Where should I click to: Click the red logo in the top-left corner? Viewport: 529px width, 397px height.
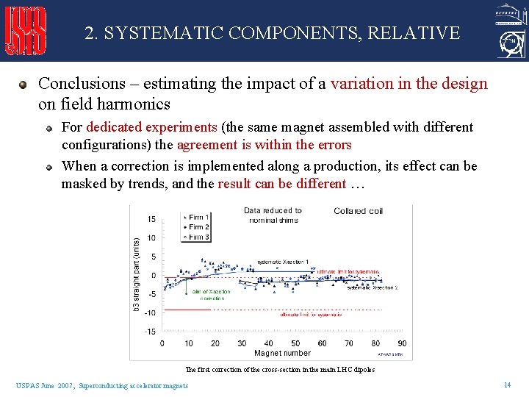pos(26,31)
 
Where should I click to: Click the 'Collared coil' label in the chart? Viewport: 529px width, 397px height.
pos(358,211)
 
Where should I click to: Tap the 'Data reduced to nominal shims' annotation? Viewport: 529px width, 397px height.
pos(273,215)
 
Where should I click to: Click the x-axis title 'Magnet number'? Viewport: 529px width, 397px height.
pos(283,354)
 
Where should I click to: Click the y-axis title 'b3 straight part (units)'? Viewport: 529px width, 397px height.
pos(136,273)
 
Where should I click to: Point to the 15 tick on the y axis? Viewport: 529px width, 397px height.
pos(151,219)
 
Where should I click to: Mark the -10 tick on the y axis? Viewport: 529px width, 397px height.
pos(150,313)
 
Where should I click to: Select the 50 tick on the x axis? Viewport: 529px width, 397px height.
pos(295,343)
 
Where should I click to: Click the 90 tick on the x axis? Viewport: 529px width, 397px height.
pos(402,343)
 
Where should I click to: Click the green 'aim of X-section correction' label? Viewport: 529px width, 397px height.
pos(212,296)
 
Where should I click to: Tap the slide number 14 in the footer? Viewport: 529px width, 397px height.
pos(506,385)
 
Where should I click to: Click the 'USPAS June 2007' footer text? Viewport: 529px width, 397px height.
pos(46,386)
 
